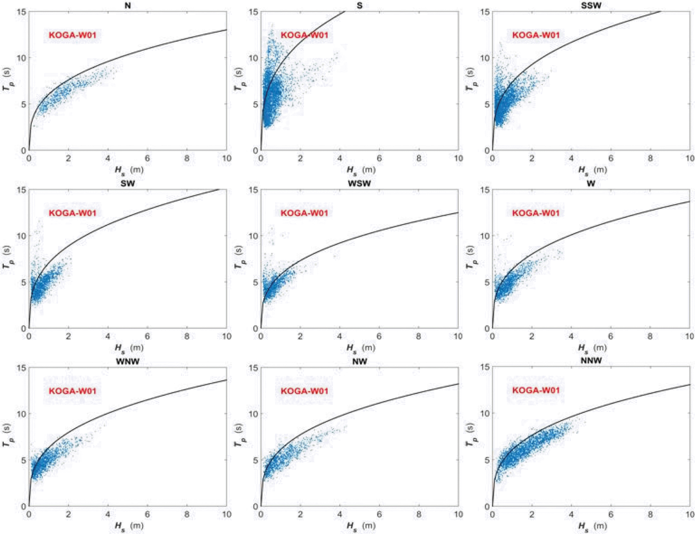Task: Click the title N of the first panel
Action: tap(128, 5)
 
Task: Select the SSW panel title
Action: tap(591, 5)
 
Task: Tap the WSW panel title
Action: tap(359, 183)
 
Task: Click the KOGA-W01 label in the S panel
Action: tap(304, 35)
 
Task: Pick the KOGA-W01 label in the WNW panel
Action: tap(73, 391)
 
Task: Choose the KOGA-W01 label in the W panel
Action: tap(536, 213)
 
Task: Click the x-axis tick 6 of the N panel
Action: tap(147, 159)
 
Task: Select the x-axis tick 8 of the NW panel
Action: tap(419, 514)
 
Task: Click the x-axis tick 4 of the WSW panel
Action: tap(340, 336)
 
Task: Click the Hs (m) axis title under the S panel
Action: tap(361, 170)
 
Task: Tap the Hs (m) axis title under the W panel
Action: tap(592, 348)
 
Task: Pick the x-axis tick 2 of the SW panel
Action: tap(68, 336)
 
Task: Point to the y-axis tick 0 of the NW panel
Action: tap(255, 506)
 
